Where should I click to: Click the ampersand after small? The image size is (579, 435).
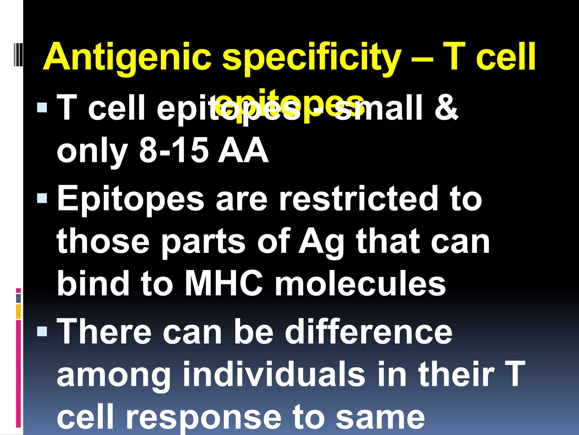[x=446, y=108]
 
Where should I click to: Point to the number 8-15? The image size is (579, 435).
[x=174, y=150]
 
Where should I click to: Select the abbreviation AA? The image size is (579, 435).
[x=243, y=150]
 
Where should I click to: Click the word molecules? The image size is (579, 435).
[x=360, y=283]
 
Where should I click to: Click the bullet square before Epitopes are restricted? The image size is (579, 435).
[x=42, y=198]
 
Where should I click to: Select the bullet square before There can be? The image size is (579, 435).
[x=42, y=331]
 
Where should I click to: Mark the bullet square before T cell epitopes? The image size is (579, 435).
[x=42, y=107]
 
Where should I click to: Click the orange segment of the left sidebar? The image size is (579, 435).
[x=18, y=312]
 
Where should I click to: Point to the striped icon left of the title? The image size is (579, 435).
[x=18, y=54]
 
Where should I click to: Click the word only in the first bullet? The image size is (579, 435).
[x=92, y=150]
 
